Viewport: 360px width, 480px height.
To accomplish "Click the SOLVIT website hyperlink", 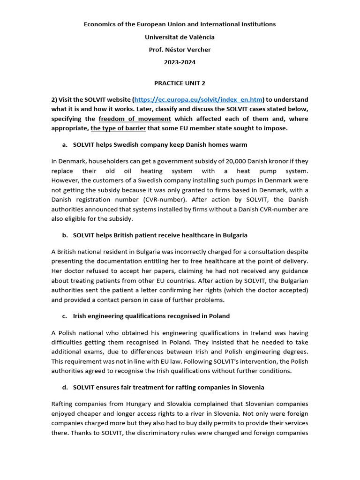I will point(198,100).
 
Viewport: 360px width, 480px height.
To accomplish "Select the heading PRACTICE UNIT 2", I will point(180,83).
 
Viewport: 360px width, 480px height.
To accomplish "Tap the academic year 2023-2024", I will point(180,62).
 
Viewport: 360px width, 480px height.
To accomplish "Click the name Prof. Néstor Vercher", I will point(180,50).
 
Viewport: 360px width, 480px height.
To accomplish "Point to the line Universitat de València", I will point(180,37).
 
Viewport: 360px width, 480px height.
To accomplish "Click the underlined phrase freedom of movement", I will point(135,119).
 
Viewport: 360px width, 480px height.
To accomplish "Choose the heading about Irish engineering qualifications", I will point(151,316).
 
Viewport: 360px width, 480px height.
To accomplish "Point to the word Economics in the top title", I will point(100,24).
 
